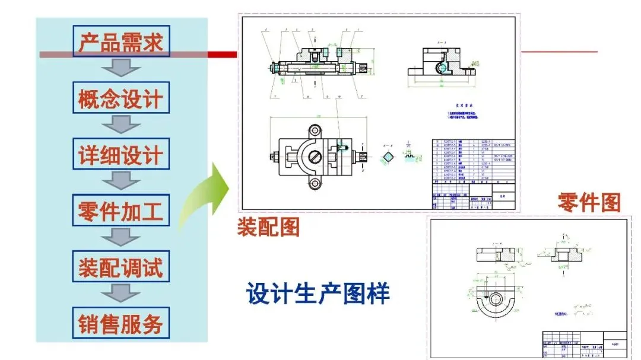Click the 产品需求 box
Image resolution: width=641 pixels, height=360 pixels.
coord(120,41)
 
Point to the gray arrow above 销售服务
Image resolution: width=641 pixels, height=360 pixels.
coord(120,295)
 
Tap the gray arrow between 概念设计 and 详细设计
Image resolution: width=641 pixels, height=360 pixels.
coord(120,125)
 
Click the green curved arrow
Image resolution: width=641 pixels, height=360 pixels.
coord(205,196)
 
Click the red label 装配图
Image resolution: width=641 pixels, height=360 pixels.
coord(268,227)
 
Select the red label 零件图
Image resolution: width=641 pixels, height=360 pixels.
coord(589,203)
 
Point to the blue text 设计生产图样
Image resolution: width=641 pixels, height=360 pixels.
coord(318,294)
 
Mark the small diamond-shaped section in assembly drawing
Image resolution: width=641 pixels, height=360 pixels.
coord(389,157)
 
